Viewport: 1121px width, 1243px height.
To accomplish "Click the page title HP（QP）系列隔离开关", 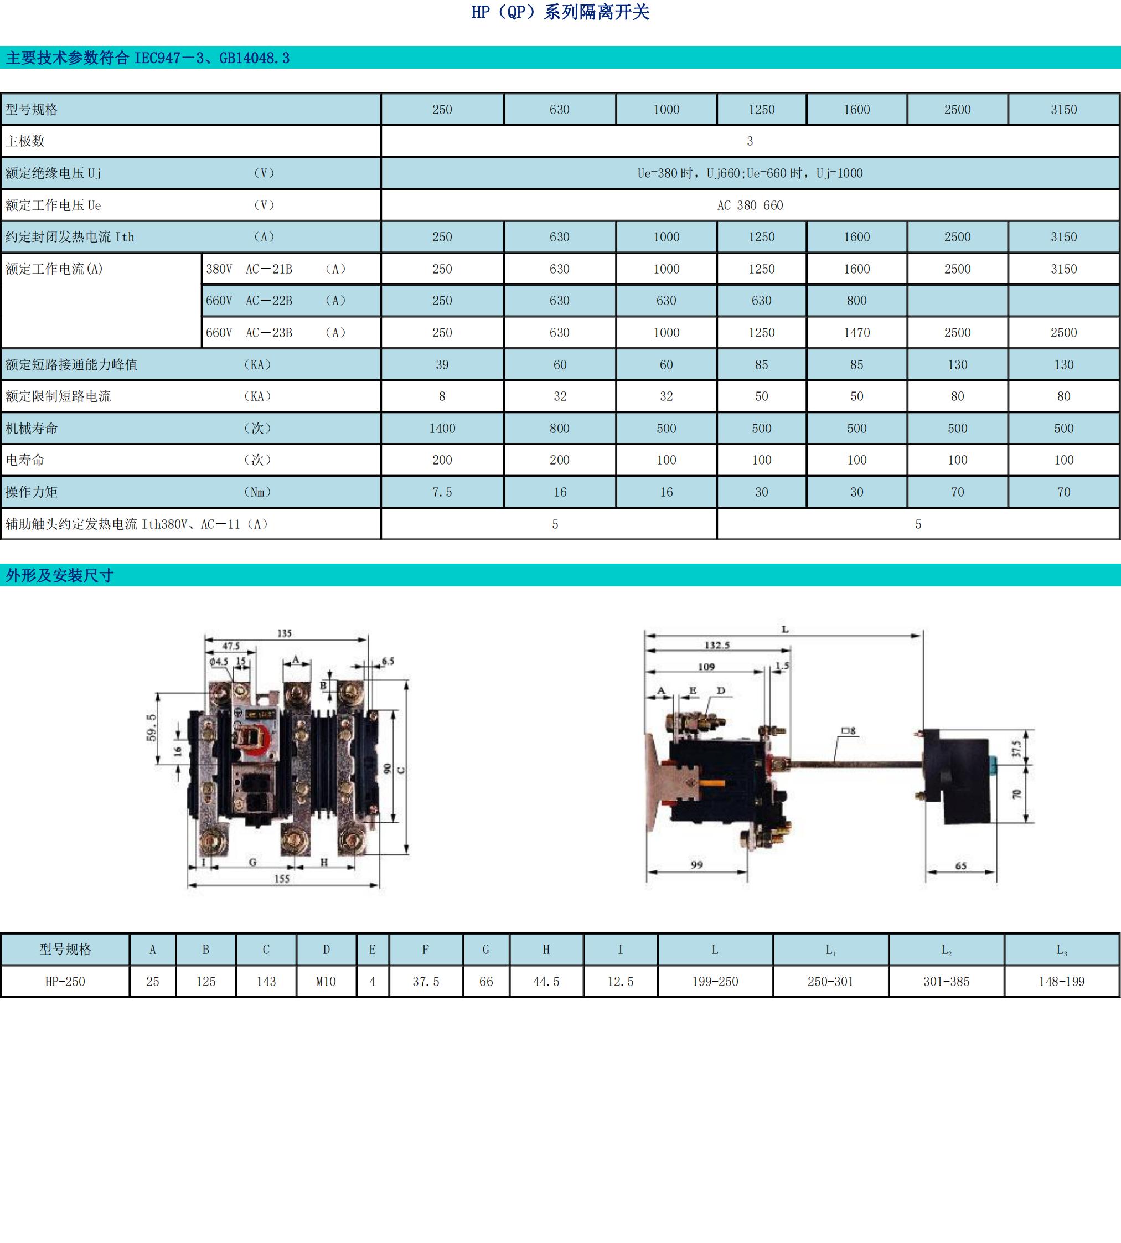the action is click(560, 12).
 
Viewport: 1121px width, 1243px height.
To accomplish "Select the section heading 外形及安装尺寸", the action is click(60, 575).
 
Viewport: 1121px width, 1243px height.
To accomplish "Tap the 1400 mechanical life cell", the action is click(442, 428).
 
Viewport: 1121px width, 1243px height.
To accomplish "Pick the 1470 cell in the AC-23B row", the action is click(857, 333).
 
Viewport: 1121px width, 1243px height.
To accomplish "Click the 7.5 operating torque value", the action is click(442, 492).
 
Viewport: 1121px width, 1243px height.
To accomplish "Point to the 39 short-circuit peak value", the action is click(442, 365).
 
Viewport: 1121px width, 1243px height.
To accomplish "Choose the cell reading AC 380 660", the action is click(750, 205).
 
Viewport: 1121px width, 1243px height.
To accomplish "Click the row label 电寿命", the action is click(25, 460).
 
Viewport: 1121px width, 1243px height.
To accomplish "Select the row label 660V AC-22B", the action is click(250, 301).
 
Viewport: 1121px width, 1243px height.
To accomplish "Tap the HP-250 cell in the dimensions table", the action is click(65, 981).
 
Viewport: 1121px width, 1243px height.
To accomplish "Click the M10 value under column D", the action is click(326, 981).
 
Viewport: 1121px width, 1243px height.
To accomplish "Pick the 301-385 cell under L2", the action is click(946, 981).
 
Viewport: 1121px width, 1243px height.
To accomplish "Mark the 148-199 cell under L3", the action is click(1062, 981).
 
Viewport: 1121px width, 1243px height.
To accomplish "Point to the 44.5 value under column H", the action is click(546, 981).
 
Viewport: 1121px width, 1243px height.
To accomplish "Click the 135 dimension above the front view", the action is click(285, 633).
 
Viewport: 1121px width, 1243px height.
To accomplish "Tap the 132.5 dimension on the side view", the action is click(717, 645).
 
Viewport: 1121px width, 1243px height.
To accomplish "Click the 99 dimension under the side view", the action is click(696, 865).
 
